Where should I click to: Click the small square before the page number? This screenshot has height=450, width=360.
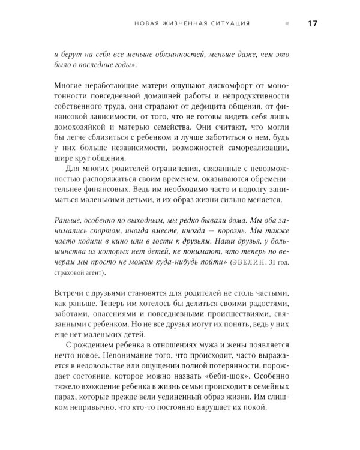(287, 24)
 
